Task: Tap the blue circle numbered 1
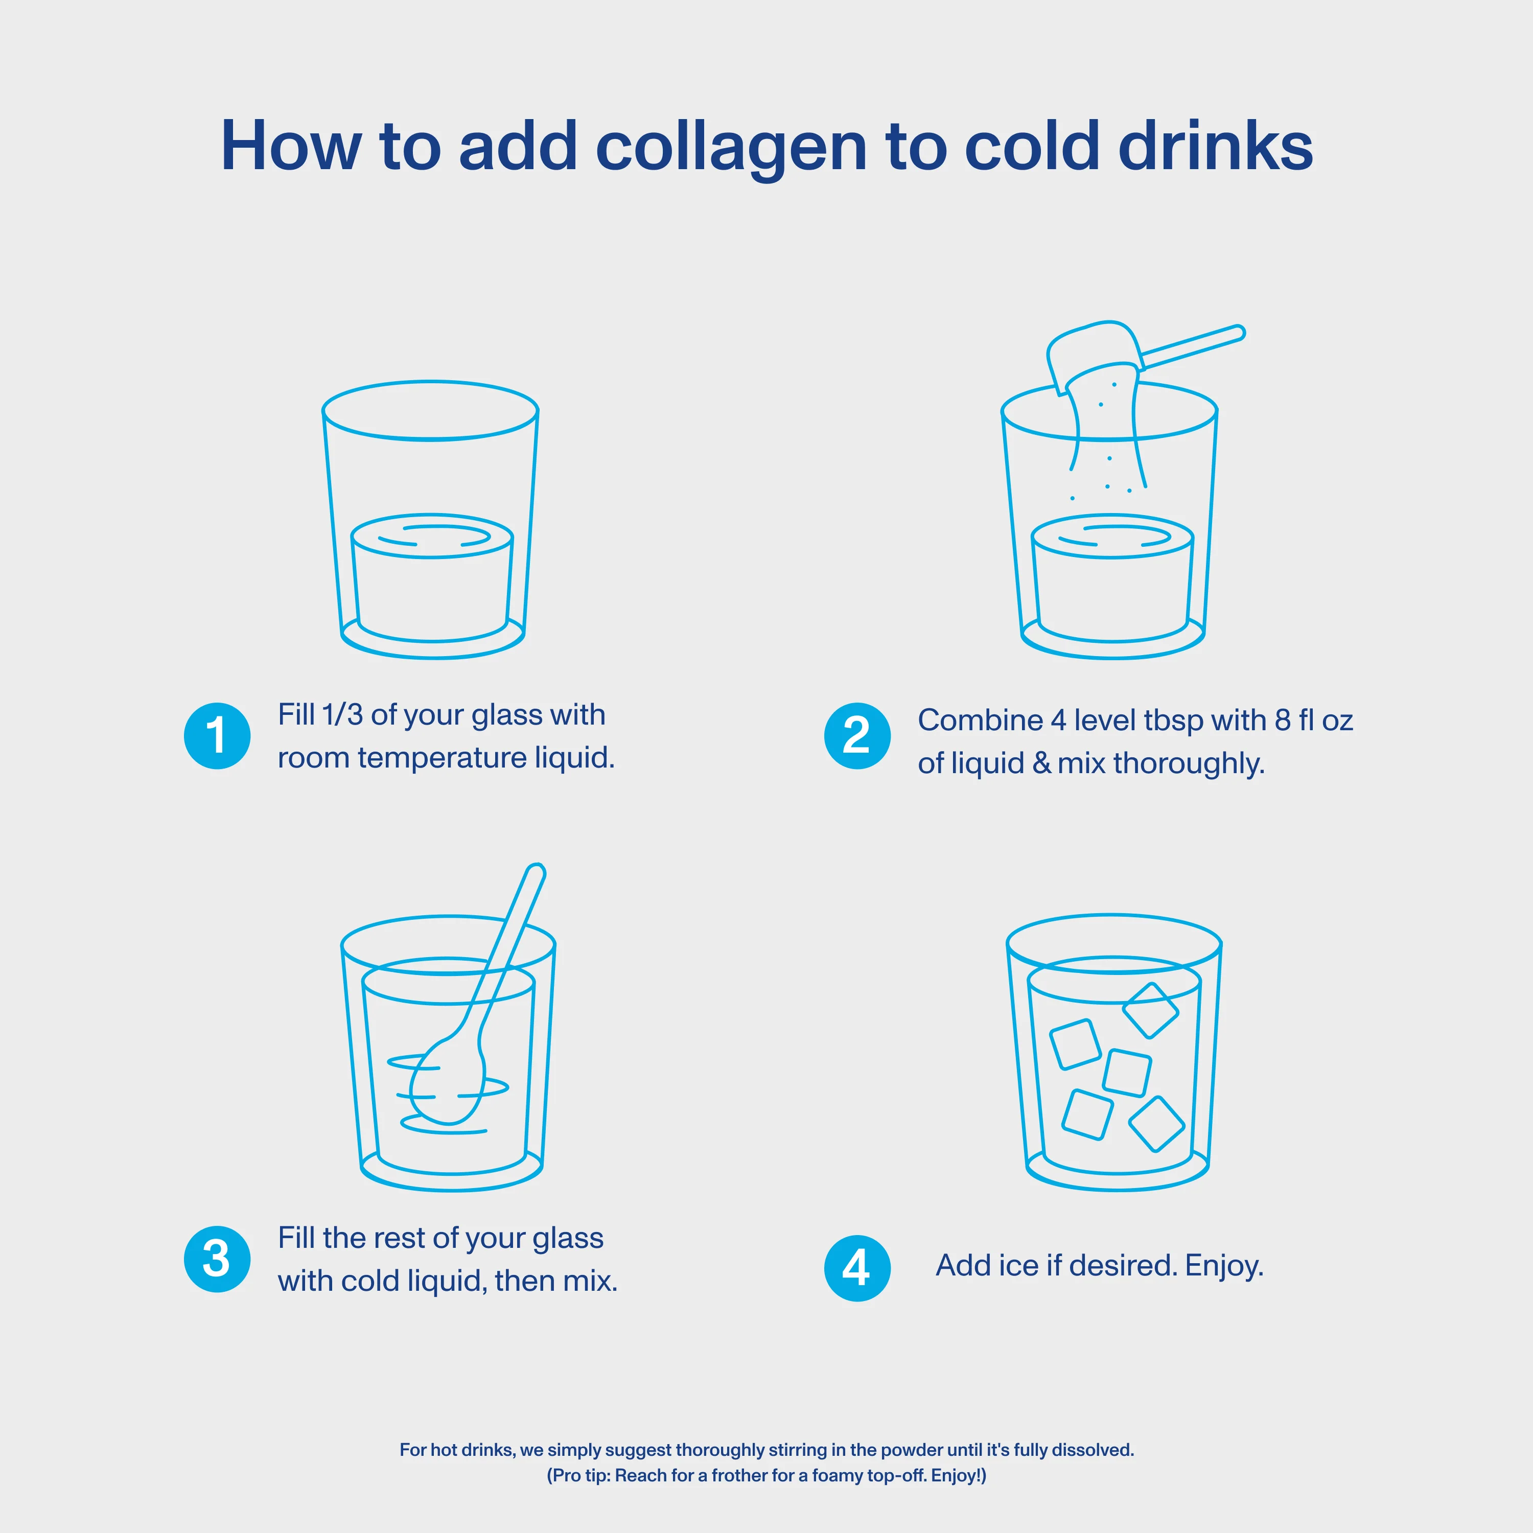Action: coord(217,735)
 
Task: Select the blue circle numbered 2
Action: coord(857,735)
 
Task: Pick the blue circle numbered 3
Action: coord(217,1259)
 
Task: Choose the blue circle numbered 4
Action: coord(857,1268)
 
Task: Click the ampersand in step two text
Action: coord(1041,763)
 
